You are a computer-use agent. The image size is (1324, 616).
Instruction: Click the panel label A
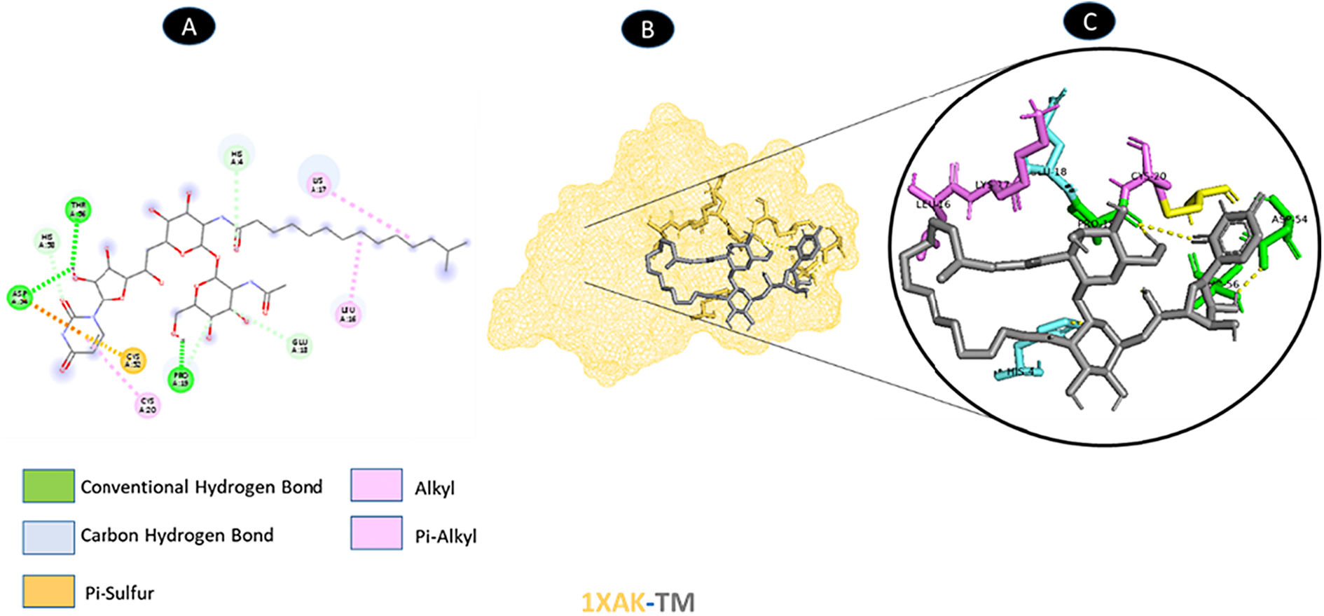188,27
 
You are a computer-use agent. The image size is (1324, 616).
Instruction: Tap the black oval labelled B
647,29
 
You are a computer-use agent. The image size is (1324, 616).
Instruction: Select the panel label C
1089,22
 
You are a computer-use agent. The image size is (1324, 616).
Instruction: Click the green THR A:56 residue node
78,209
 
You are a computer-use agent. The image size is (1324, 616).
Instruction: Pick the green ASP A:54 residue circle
20,297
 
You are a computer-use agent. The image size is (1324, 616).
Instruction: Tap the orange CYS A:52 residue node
134,360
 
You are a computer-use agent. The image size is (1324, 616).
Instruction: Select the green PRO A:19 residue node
181,378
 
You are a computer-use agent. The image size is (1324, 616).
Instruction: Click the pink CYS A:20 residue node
147,405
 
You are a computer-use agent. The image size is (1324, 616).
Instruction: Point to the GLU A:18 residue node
300,345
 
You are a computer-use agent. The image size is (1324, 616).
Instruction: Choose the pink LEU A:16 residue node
348,313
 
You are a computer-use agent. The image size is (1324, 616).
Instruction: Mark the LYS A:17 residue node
319,185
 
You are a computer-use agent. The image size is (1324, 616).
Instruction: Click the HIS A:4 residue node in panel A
237,158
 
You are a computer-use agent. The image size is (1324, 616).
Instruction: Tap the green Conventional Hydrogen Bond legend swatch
48,486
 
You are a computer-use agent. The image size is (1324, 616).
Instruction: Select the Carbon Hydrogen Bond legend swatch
48,537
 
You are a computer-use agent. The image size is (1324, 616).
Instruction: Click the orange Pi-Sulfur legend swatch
48,591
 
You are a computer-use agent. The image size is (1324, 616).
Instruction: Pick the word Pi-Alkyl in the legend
446,536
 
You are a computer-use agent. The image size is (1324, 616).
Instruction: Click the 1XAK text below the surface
612,602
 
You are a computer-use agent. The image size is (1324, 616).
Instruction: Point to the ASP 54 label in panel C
1289,219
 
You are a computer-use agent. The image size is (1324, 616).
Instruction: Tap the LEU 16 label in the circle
933,205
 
